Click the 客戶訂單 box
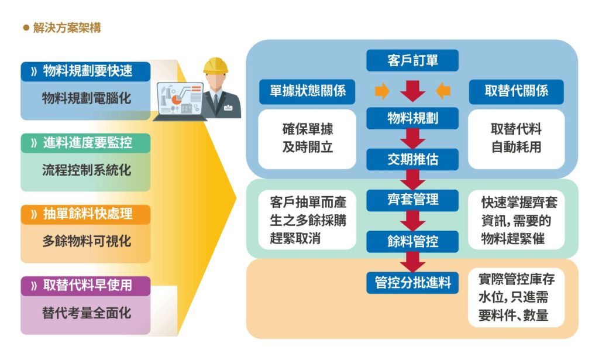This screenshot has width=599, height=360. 412,60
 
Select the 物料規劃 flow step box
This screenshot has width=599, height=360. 412,118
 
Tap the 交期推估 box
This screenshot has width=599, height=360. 412,159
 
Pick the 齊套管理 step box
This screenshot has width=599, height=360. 412,200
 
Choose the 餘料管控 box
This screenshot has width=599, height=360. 412,241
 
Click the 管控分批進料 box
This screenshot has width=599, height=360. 412,283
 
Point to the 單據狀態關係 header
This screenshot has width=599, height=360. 307,91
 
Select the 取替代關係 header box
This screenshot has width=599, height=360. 516,91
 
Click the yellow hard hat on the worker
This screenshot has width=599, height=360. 215,66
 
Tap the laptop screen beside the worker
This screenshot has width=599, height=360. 180,98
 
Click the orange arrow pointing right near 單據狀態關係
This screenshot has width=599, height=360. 382,91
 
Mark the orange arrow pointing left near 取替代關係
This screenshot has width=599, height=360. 443,91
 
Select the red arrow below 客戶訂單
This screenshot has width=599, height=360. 412,91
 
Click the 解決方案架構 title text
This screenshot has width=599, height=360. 67,28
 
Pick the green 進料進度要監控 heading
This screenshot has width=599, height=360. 85,143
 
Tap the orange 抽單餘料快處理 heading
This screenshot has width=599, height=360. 85,214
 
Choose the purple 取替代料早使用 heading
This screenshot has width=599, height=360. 85,286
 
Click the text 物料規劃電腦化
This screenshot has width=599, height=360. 87,98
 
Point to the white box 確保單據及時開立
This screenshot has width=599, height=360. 307,139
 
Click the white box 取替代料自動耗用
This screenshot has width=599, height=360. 516,139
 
